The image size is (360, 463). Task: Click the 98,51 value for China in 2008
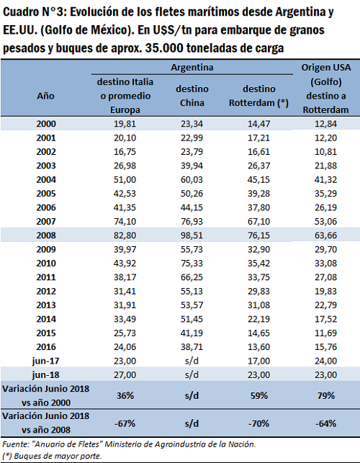(x=192, y=235)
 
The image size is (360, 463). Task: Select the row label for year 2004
(x=46, y=179)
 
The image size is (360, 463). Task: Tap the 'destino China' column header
(x=192, y=96)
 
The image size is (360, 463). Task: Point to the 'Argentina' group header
(x=192, y=67)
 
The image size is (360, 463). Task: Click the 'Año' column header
(x=46, y=96)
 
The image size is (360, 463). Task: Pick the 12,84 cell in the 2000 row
(x=325, y=124)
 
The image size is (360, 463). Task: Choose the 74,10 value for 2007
(x=125, y=222)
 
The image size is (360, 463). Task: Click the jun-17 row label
(x=46, y=361)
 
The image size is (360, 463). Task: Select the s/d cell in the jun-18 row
(x=192, y=374)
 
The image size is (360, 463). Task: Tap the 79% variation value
(x=326, y=395)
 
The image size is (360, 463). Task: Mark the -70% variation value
(x=258, y=423)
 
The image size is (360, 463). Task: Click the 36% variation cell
(x=125, y=395)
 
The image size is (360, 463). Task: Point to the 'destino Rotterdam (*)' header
(x=258, y=96)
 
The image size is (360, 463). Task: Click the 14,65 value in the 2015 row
(x=258, y=333)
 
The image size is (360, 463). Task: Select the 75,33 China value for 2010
(x=192, y=263)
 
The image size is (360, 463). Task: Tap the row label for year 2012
(x=46, y=291)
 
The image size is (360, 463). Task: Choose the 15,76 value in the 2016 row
(x=325, y=347)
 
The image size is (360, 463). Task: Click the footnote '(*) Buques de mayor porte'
(x=52, y=456)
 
